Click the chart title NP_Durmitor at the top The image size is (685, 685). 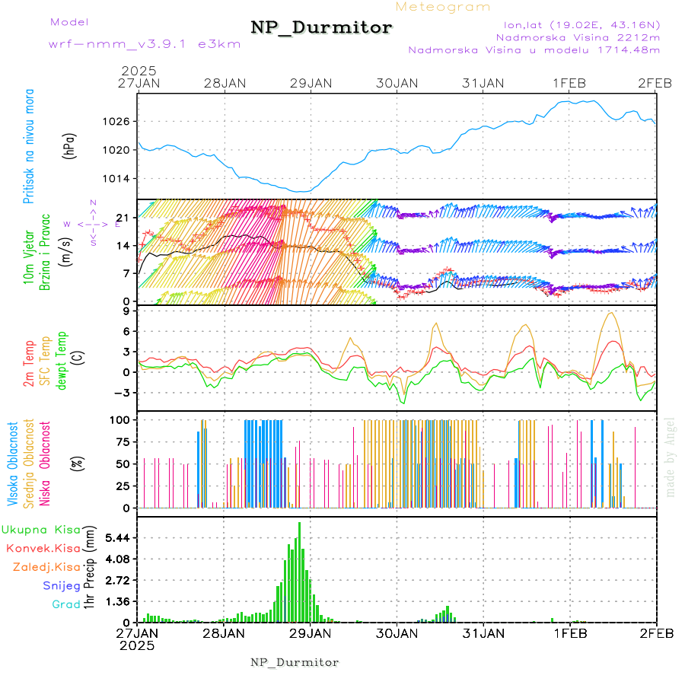coord(321,28)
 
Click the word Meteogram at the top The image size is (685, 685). coord(444,7)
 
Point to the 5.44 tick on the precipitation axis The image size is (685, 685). coord(119,537)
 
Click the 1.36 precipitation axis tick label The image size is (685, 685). coord(119,601)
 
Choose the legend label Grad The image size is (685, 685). coord(65,604)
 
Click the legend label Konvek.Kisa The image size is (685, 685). coord(43,547)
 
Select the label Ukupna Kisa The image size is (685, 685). coord(41,529)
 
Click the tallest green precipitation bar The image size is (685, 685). coord(299,571)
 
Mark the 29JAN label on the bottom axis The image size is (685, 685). coord(310,632)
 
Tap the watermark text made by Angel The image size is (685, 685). coord(670,457)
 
